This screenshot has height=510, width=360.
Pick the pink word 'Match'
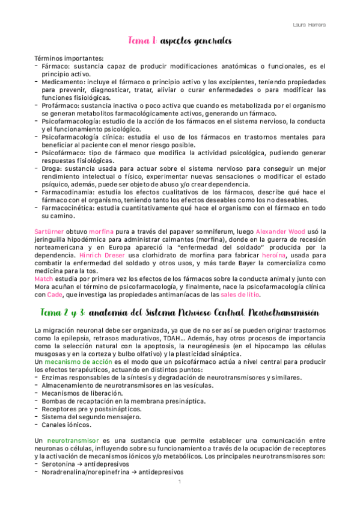[x=43, y=278]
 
